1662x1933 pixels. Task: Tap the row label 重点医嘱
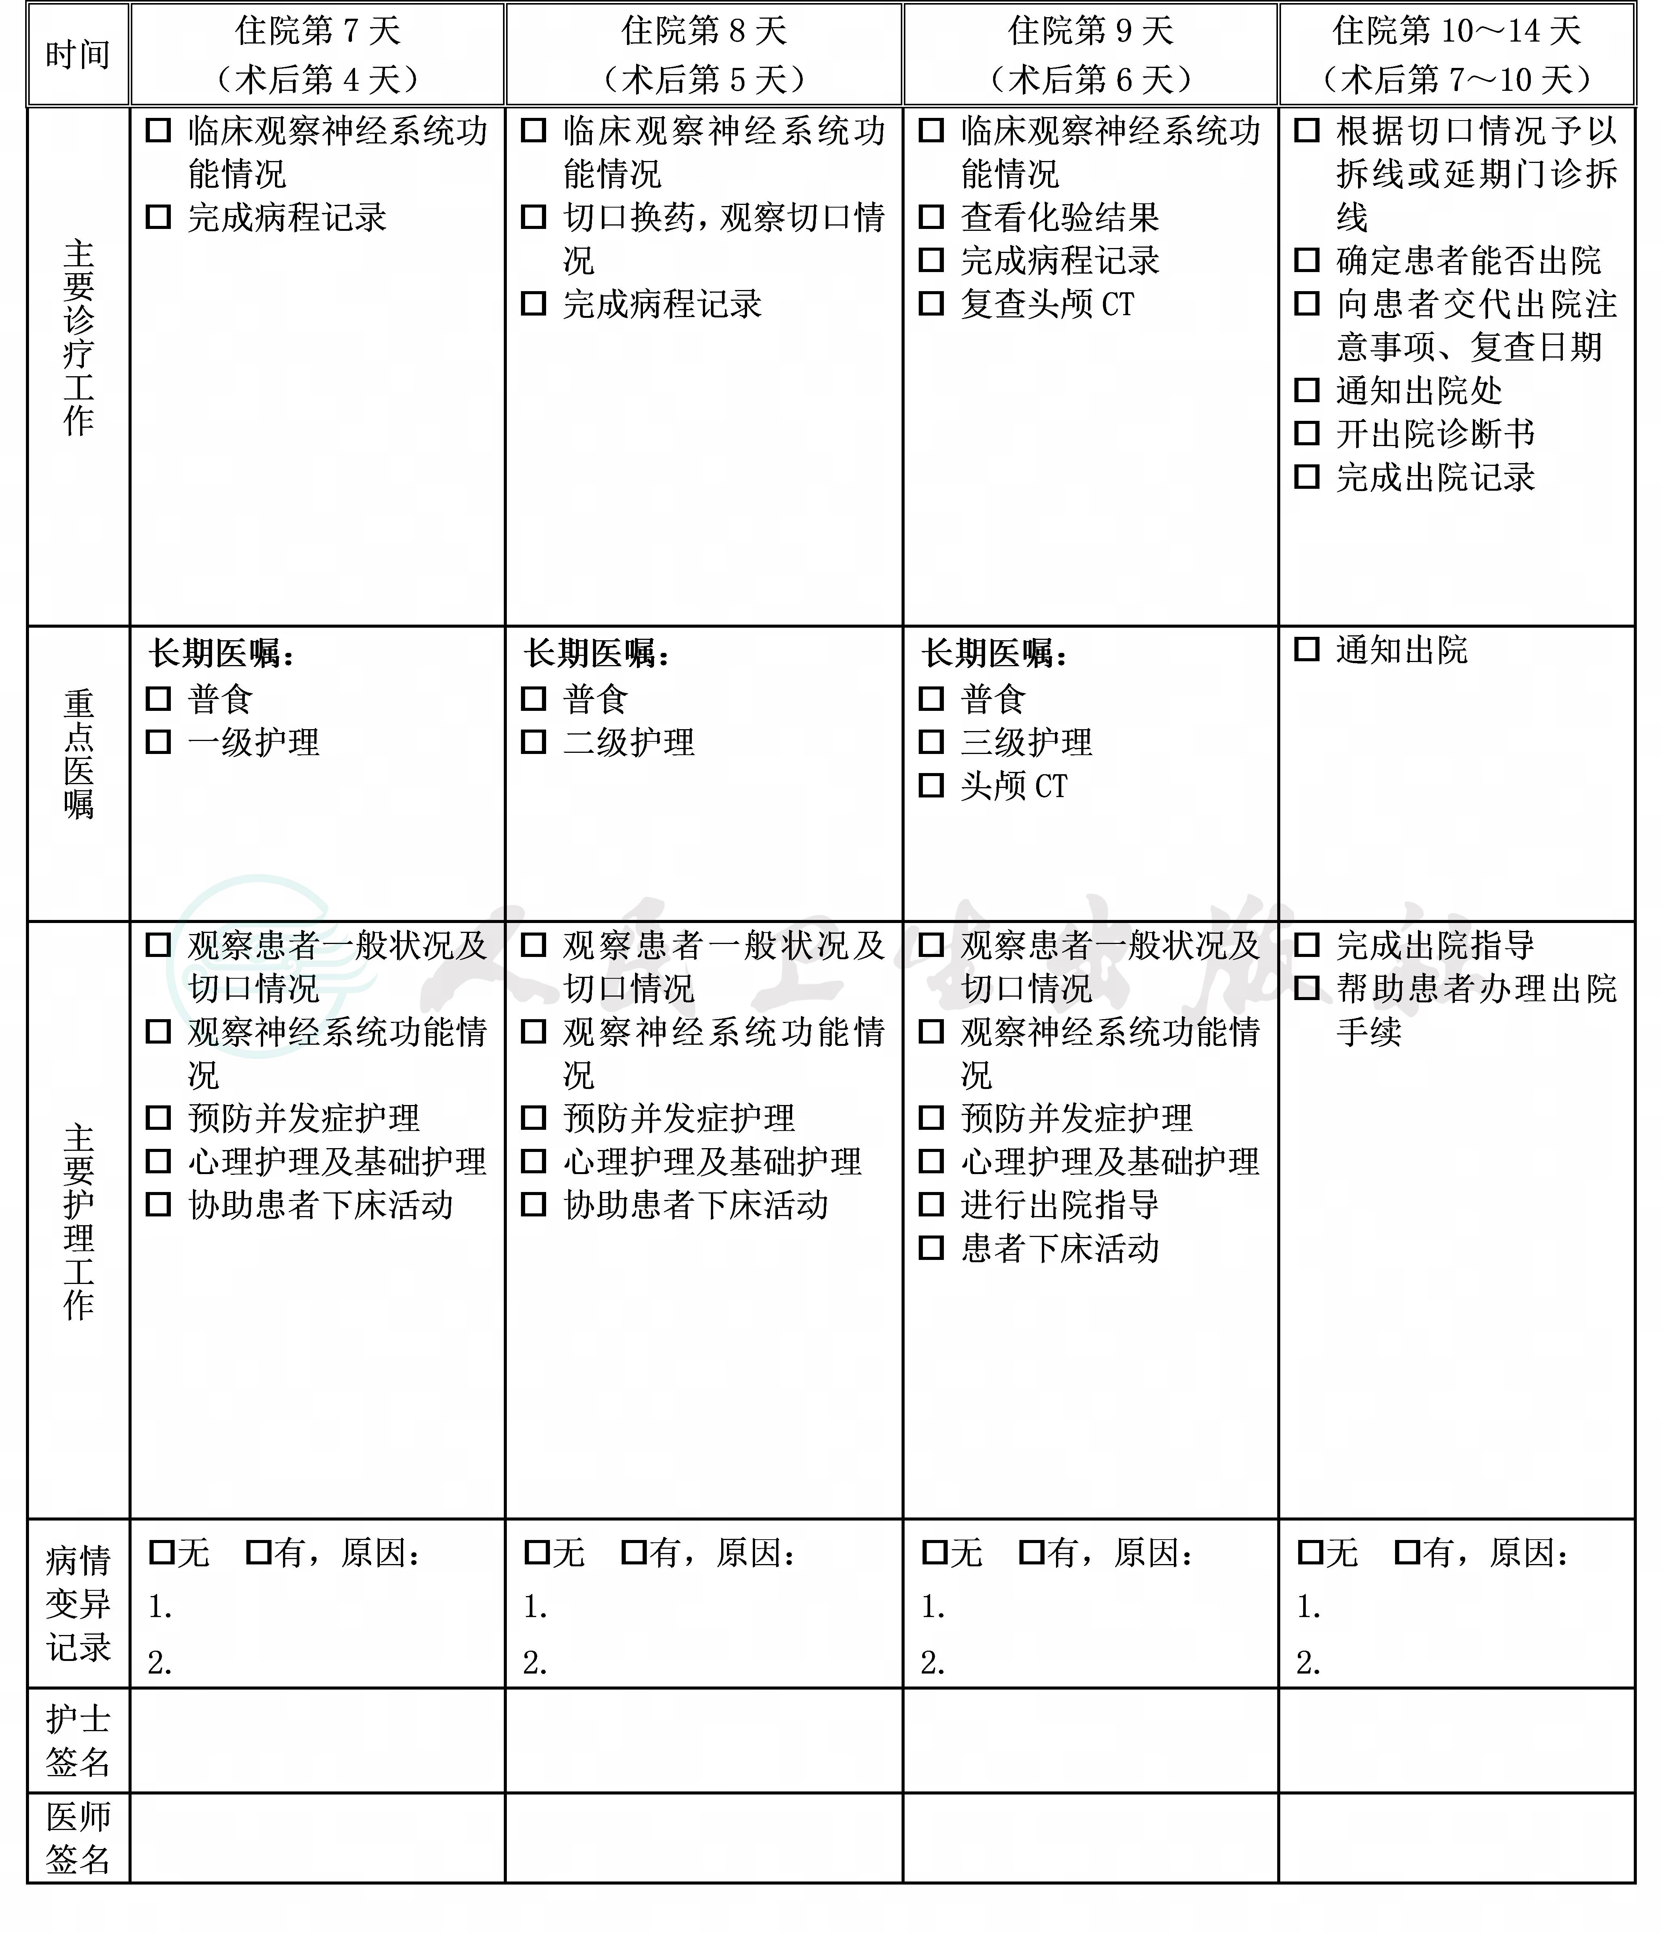(x=78, y=754)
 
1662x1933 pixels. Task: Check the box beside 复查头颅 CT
(x=931, y=303)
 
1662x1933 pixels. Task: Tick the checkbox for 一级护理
(x=159, y=742)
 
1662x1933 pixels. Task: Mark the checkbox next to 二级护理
(x=534, y=742)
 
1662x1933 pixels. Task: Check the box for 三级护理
(x=931, y=742)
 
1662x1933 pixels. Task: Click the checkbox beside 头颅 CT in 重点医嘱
(x=931, y=784)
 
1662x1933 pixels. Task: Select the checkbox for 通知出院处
(x=1307, y=390)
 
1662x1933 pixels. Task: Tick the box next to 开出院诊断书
(x=1307, y=433)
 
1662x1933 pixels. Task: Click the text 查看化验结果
(x=1059, y=217)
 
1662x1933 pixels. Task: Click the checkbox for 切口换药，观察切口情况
(x=534, y=217)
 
